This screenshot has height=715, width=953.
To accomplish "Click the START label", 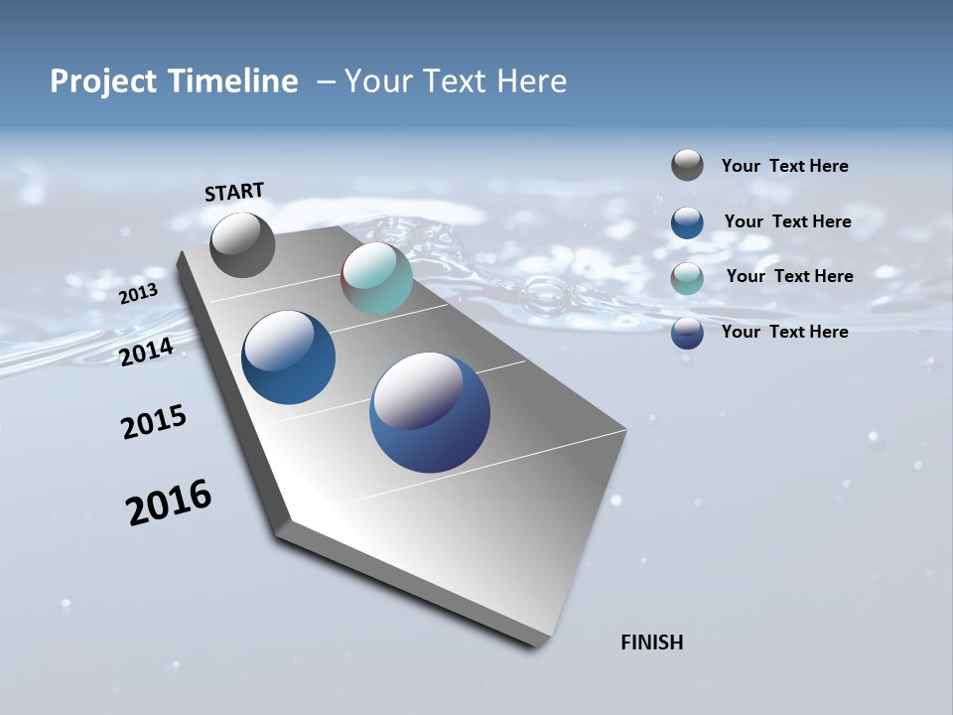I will click(234, 191).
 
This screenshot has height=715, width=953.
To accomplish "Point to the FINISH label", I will click(652, 643).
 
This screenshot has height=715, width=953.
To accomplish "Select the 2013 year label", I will click(139, 293).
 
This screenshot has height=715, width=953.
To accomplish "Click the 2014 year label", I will click(147, 352).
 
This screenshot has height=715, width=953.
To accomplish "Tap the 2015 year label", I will click(154, 423).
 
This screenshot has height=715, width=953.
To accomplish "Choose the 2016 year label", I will click(169, 502).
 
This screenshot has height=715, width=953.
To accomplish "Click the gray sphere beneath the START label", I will click(242, 245).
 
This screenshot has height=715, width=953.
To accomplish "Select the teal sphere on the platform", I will click(376, 278).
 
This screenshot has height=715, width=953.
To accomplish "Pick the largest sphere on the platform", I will click(430, 412).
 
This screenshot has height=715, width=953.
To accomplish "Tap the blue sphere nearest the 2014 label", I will click(288, 357).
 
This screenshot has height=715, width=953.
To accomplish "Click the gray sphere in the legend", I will click(687, 165).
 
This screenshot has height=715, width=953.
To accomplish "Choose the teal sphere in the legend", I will click(687, 278).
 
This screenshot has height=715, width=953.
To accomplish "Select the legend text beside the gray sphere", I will click(784, 167).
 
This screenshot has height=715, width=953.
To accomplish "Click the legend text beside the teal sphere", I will click(789, 276).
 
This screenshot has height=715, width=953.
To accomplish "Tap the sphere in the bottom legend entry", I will click(687, 333).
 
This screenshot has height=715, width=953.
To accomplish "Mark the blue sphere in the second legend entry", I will click(687, 222).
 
